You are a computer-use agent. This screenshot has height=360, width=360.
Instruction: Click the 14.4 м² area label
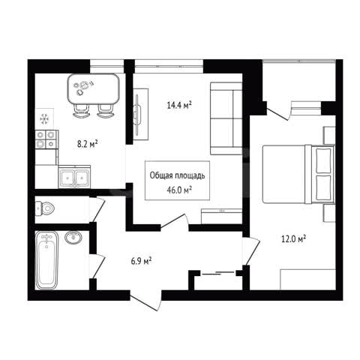pyautogui.click(x=179, y=105)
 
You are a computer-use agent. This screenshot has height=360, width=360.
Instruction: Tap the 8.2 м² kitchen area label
pyautogui.click(x=87, y=144)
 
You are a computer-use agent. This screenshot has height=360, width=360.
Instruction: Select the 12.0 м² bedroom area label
pyautogui.click(x=294, y=239)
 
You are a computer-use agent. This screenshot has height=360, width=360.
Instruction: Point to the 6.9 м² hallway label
pyautogui.click(x=141, y=261)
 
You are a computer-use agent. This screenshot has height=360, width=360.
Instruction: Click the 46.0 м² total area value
pyautogui.click(x=179, y=190)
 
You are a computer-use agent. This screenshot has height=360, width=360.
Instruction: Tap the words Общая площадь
pyautogui.click(x=177, y=175)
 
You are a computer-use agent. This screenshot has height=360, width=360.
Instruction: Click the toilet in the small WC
pyautogui.click(x=45, y=208)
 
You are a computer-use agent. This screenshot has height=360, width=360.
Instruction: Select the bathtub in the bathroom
pyautogui.click(x=47, y=260)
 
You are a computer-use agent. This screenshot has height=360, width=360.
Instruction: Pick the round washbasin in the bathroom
pyautogui.click(x=73, y=237)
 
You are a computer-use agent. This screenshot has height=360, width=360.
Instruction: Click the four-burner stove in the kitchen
pyautogui.click(x=46, y=139)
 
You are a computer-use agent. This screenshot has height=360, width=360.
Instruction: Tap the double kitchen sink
pyautogui.click(x=74, y=176)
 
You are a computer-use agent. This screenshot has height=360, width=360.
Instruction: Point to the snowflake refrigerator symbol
pyautogui.click(x=44, y=119)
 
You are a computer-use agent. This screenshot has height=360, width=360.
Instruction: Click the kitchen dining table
pyautogui.click(x=93, y=89)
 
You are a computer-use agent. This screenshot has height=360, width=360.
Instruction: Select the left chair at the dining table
pyautogui.click(x=81, y=111)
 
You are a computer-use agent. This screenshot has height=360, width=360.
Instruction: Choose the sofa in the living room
pyautogui.click(x=226, y=118)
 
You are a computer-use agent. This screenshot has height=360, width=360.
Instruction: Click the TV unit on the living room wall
pyautogui.click(x=140, y=114)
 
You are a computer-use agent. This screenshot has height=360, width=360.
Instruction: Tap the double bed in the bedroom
pyautogui.click(x=298, y=174)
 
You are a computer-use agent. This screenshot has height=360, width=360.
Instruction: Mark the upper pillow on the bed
pyautogui.click(x=323, y=160)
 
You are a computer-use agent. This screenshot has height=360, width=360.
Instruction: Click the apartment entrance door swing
pyautogui.click(x=146, y=301)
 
